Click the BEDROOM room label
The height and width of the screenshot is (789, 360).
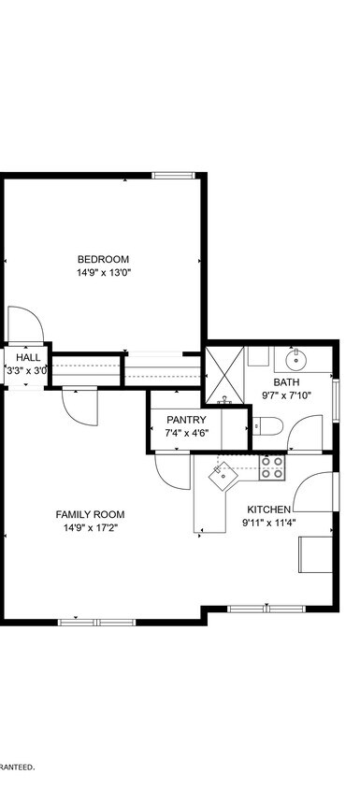pos(103,259)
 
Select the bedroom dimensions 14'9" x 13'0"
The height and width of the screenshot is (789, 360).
pos(103,274)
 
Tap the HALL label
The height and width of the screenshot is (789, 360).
pos(28,357)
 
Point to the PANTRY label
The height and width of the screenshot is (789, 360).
pos(186,420)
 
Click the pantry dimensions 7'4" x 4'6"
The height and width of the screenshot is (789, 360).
pos(186,434)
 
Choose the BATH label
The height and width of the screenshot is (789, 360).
pos(286,381)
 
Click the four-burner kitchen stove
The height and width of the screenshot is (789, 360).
pos(272,467)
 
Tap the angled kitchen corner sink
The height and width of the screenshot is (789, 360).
pos(225,475)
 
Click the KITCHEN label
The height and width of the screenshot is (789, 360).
pos(268,509)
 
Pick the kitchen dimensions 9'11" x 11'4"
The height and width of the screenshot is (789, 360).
pos(268,524)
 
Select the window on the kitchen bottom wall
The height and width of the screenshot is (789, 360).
pos(267,609)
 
